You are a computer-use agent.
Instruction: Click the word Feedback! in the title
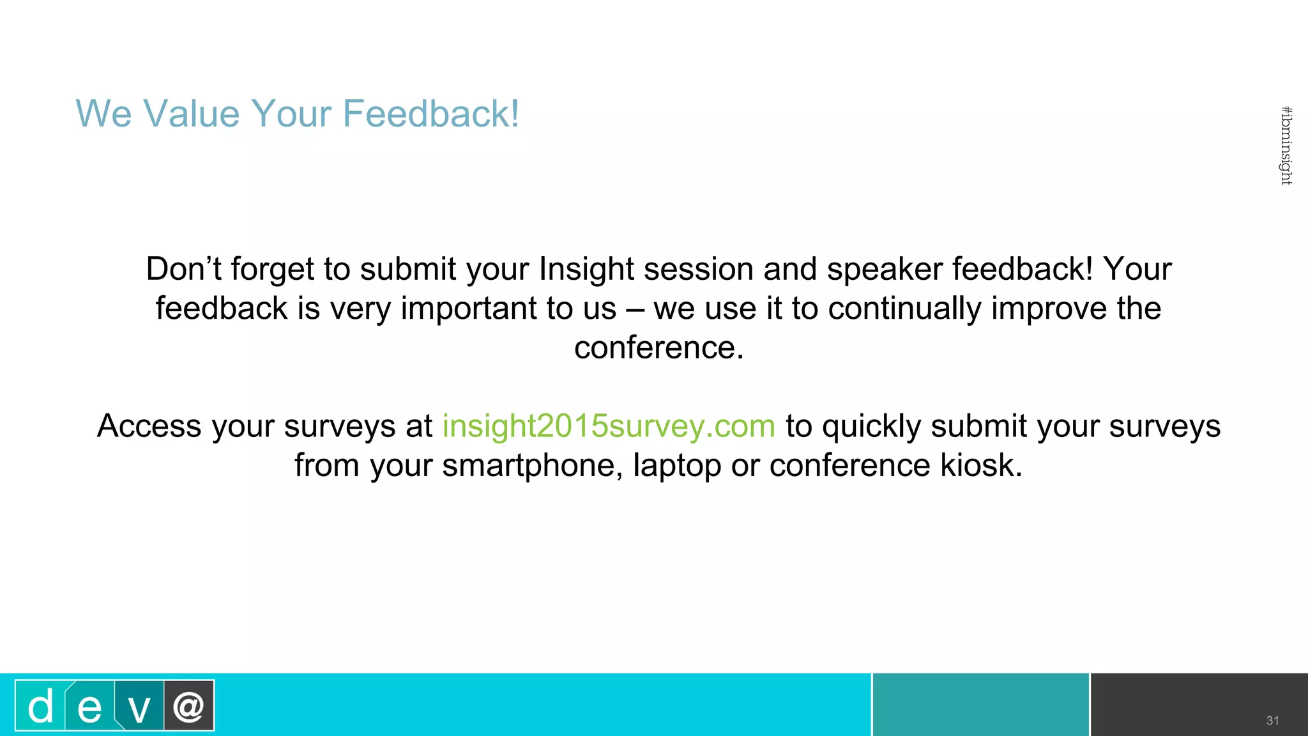[431, 114]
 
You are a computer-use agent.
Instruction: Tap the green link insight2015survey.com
[609, 426]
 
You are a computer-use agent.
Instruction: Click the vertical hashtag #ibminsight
[1286, 146]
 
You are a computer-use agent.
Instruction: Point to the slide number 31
[1272, 721]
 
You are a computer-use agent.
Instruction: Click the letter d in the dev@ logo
[40, 707]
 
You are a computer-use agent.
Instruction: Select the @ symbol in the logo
[188, 706]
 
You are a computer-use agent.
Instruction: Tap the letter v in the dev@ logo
[139, 708]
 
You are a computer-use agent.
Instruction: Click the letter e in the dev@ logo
[89, 708]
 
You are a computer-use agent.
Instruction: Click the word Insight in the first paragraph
[586, 269]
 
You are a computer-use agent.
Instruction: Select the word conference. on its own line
[658, 348]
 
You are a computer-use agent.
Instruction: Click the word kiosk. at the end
[981, 465]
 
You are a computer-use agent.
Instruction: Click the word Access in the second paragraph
[149, 426]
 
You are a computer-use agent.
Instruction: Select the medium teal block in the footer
[980, 705]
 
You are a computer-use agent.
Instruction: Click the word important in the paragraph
[468, 309]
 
